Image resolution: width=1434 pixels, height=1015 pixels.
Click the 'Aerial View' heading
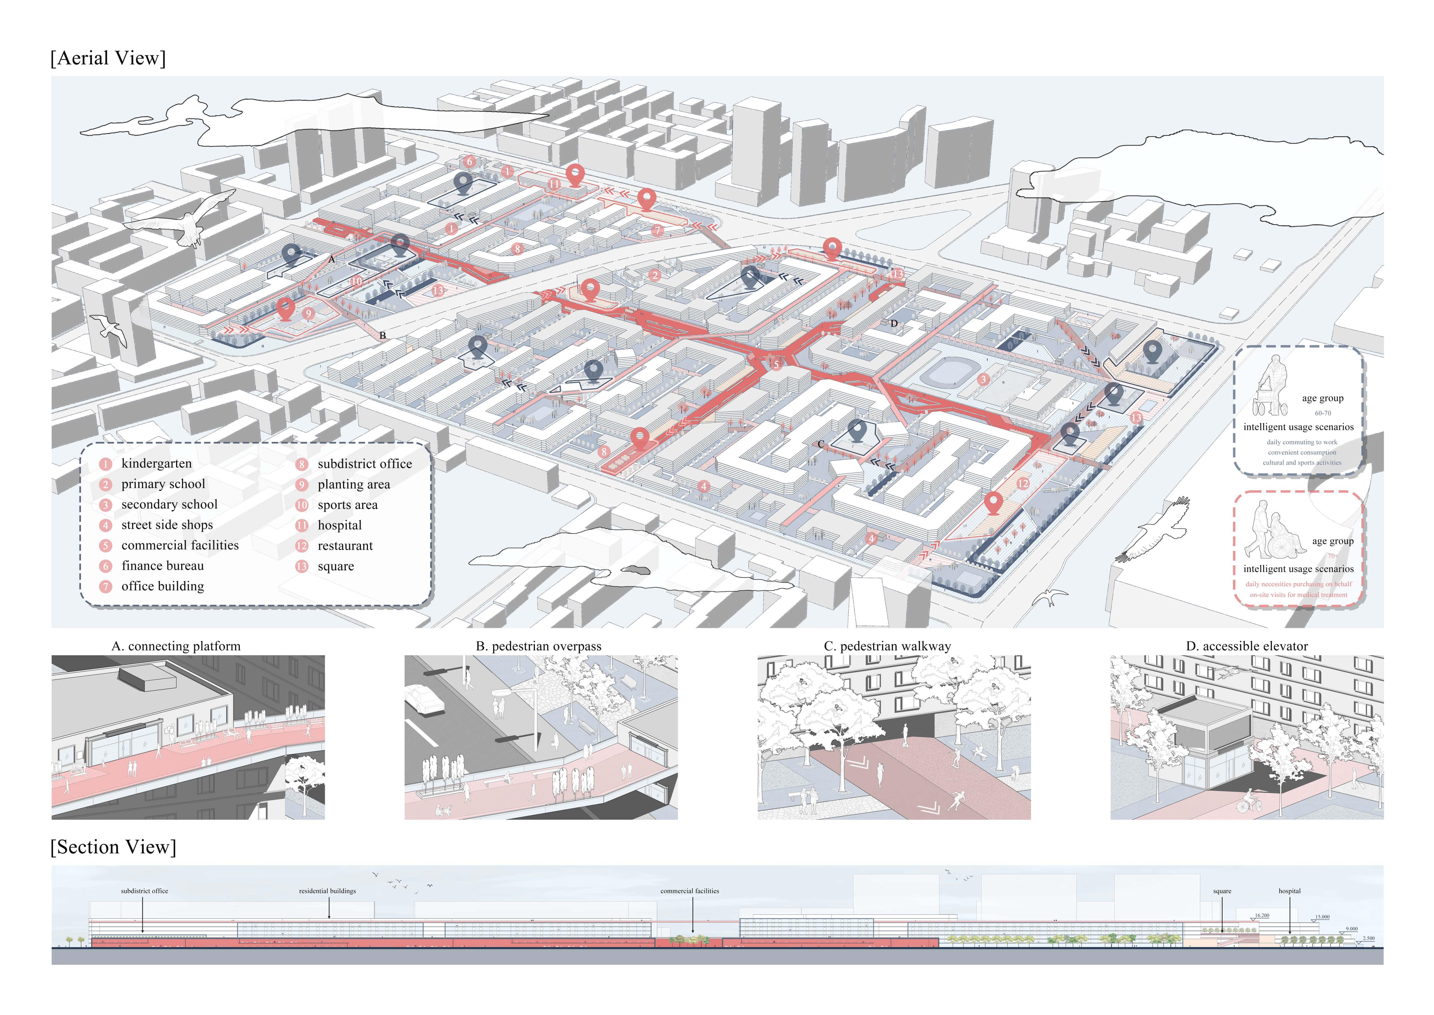(x=108, y=58)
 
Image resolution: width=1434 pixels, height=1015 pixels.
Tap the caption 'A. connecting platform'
(x=175, y=646)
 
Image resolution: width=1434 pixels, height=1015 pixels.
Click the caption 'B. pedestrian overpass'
(x=539, y=646)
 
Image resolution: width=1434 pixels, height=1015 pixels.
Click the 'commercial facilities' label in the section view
(x=689, y=891)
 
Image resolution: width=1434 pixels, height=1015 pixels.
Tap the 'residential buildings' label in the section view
(x=327, y=891)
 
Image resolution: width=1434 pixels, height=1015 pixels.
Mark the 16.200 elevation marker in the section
(x=1262, y=916)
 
